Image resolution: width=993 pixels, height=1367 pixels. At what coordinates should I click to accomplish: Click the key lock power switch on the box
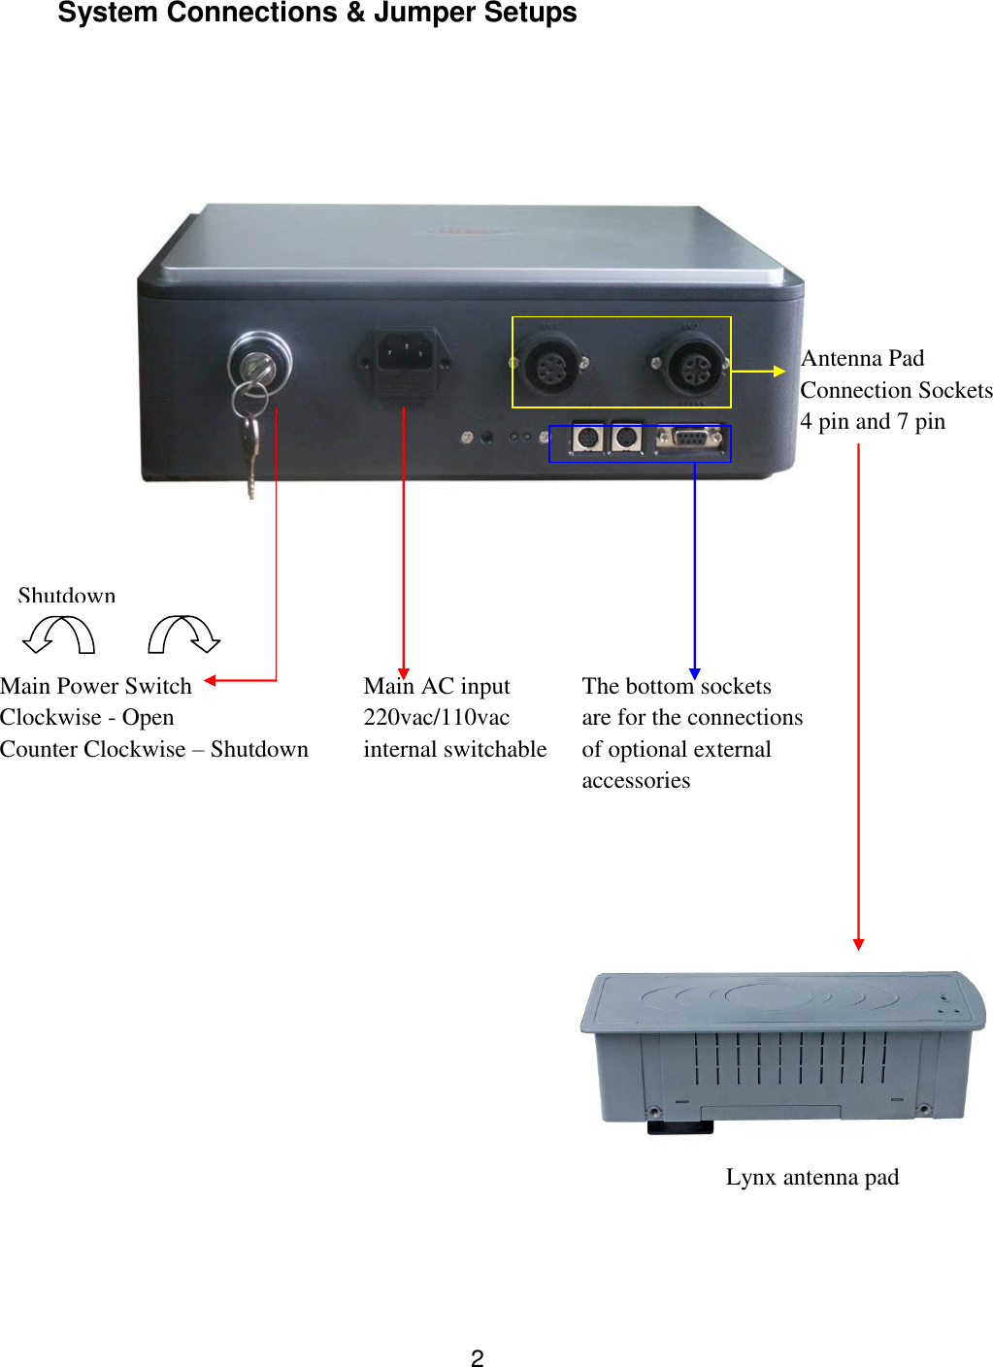coord(259,364)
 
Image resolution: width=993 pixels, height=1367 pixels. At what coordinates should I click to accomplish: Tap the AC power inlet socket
coord(402,357)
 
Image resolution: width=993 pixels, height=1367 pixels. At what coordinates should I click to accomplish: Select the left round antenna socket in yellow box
coord(550,365)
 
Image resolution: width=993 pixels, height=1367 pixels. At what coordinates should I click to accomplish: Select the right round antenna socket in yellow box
coord(692,365)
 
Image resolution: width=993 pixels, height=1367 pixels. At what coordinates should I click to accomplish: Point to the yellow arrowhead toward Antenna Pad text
coord(778,371)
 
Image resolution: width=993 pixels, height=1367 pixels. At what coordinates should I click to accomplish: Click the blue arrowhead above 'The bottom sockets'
coord(694,673)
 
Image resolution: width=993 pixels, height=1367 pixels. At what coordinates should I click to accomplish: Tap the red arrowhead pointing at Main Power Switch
coord(211,680)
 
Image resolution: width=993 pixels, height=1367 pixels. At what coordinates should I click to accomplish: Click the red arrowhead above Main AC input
coord(404,673)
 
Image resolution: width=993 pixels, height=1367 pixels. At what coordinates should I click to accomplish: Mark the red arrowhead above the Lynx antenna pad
coord(858,944)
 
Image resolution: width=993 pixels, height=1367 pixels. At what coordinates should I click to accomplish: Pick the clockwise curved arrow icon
coord(184,635)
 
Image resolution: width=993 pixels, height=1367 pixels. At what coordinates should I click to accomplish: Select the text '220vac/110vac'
coord(436,717)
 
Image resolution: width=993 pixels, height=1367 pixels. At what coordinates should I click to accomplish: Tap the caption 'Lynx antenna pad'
coord(811,1177)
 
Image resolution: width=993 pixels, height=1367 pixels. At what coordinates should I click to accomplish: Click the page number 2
coord(477,1358)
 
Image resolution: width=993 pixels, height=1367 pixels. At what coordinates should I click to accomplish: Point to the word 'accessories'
coord(636,780)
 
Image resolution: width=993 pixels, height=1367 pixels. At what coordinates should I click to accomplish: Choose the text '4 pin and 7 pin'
coord(872,421)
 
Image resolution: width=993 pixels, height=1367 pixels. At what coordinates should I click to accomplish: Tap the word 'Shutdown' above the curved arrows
coord(66,595)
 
